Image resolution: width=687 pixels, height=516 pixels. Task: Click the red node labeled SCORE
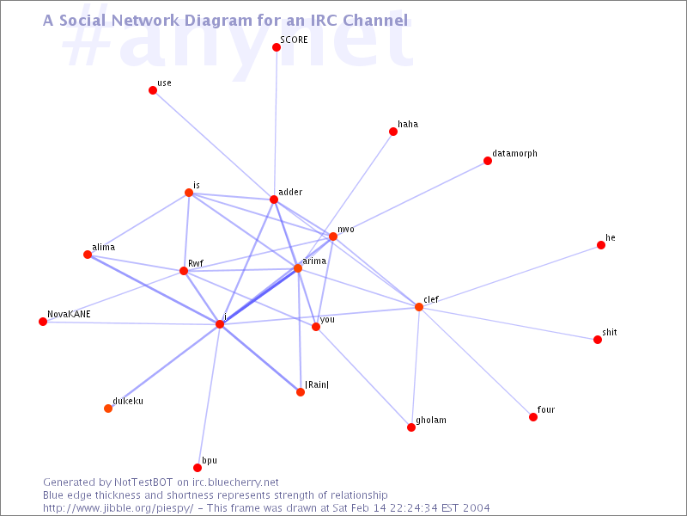(277, 47)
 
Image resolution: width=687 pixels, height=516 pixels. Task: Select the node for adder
(274, 200)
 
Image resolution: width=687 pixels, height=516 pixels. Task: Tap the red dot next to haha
(393, 132)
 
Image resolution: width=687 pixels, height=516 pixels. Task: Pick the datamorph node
(488, 161)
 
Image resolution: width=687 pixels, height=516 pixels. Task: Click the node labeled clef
(419, 307)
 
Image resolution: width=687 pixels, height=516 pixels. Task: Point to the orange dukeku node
(108, 408)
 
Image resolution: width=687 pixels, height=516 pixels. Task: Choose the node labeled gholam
(411, 427)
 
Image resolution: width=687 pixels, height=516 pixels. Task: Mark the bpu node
(198, 468)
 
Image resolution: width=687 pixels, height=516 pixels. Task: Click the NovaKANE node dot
(43, 322)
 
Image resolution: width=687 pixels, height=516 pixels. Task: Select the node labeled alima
(88, 255)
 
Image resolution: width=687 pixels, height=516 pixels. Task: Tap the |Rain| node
(301, 392)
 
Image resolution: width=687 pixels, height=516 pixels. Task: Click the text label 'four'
(546, 410)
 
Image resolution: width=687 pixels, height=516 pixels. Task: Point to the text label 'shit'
(610, 332)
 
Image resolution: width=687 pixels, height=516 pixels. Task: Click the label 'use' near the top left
(164, 83)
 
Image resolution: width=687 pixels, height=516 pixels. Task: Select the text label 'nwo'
(346, 230)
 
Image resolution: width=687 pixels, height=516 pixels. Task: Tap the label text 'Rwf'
(195, 264)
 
